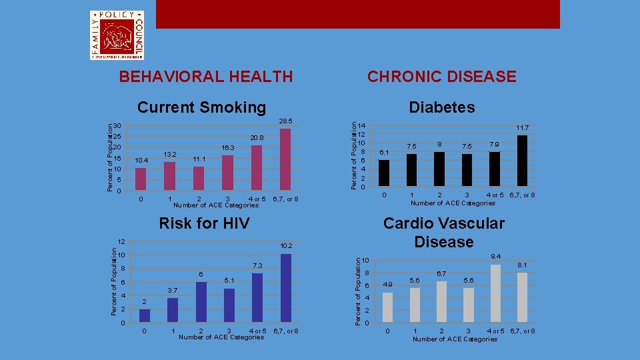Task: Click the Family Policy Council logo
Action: (x=117, y=35)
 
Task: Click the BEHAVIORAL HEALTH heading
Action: (x=205, y=77)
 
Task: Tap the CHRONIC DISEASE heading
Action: (x=442, y=77)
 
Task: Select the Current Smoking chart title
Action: (x=201, y=107)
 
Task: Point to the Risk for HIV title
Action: (x=204, y=223)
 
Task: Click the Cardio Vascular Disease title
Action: (x=443, y=232)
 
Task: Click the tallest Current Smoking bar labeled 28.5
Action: (x=285, y=160)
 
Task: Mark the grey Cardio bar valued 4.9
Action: (x=387, y=307)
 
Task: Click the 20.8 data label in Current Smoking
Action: (x=257, y=137)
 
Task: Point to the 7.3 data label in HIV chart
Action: (x=257, y=266)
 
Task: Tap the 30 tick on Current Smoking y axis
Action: (x=117, y=126)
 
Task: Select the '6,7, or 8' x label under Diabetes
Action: (x=522, y=195)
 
